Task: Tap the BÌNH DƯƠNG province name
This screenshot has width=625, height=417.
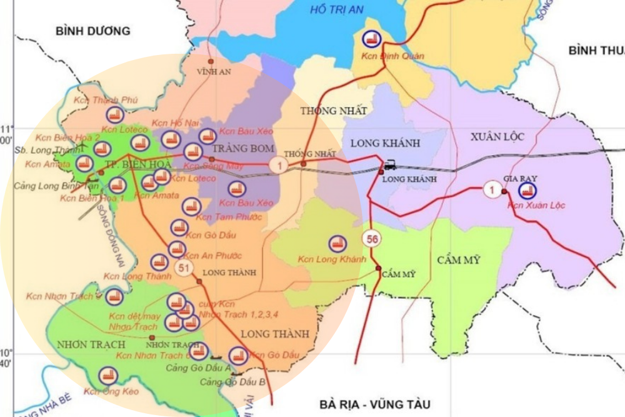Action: pyautogui.click(x=92, y=31)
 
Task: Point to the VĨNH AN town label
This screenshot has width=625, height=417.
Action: pyautogui.click(x=213, y=72)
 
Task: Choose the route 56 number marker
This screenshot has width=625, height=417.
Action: pyautogui.click(x=372, y=239)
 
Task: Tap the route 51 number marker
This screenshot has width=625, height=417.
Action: pyautogui.click(x=184, y=268)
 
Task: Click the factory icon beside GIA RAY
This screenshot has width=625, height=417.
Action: pyautogui.click(x=527, y=189)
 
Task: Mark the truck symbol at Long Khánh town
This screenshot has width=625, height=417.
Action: pyautogui.click(x=391, y=164)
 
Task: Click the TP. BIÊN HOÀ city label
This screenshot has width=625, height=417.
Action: pyautogui.click(x=130, y=164)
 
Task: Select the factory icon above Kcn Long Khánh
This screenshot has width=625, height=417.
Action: pyautogui.click(x=337, y=244)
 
